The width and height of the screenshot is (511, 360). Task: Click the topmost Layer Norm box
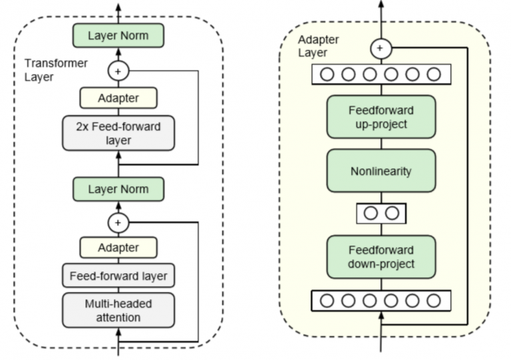click(x=118, y=35)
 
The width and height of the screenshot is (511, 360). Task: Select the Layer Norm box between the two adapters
click(x=118, y=189)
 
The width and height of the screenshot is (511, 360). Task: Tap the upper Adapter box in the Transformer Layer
click(x=118, y=98)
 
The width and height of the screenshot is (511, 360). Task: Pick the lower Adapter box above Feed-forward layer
click(x=118, y=248)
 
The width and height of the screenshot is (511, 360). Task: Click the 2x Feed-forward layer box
click(x=118, y=132)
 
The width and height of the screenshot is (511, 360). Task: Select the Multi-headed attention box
click(x=118, y=310)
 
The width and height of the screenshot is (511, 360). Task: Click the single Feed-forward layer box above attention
click(x=118, y=275)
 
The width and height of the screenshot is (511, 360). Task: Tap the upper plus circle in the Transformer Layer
click(x=118, y=70)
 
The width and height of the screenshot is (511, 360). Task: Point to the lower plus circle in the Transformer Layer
click(x=118, y=223)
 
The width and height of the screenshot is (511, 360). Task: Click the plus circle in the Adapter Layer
click(x=381, y=48)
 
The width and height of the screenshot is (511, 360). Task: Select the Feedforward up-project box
click(x=381, y=117)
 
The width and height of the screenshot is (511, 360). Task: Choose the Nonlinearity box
click(x=381, y=171)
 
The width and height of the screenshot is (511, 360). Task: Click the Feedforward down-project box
click(x=381, y=257)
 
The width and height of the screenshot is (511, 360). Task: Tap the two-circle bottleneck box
click(x=381, y=214)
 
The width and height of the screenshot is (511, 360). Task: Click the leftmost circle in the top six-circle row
click(x=327, y=74)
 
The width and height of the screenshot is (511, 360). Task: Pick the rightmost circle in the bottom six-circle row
click(x=434, y=301)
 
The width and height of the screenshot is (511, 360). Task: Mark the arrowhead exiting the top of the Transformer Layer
click(x=118, y=7)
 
